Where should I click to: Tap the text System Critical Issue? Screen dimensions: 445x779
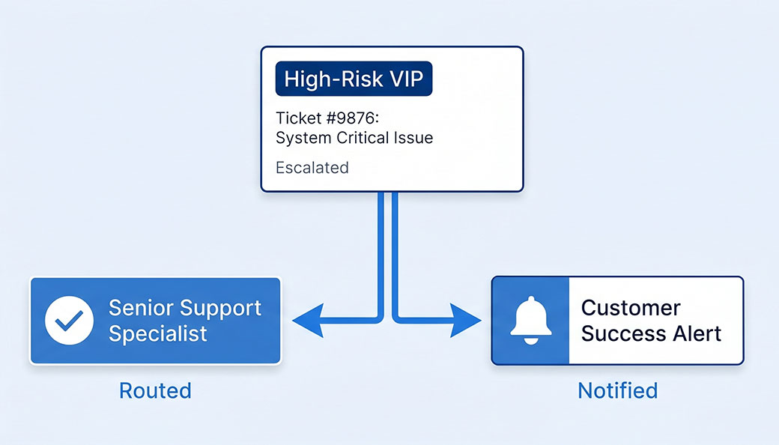[354, 138]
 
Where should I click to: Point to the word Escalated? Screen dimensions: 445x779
[312, 167]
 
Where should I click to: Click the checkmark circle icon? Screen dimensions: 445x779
[69, 320]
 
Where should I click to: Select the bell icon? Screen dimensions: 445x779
[530, 320]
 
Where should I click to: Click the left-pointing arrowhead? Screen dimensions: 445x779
[306, 321]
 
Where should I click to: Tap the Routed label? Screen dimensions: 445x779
[155, 390]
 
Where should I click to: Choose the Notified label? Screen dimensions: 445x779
[617, 390]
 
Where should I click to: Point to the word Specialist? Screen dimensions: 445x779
[157, 333]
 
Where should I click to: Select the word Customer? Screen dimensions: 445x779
[631, 308]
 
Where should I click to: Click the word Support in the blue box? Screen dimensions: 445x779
[221, 308]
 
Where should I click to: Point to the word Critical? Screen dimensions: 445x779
[364, 138]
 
